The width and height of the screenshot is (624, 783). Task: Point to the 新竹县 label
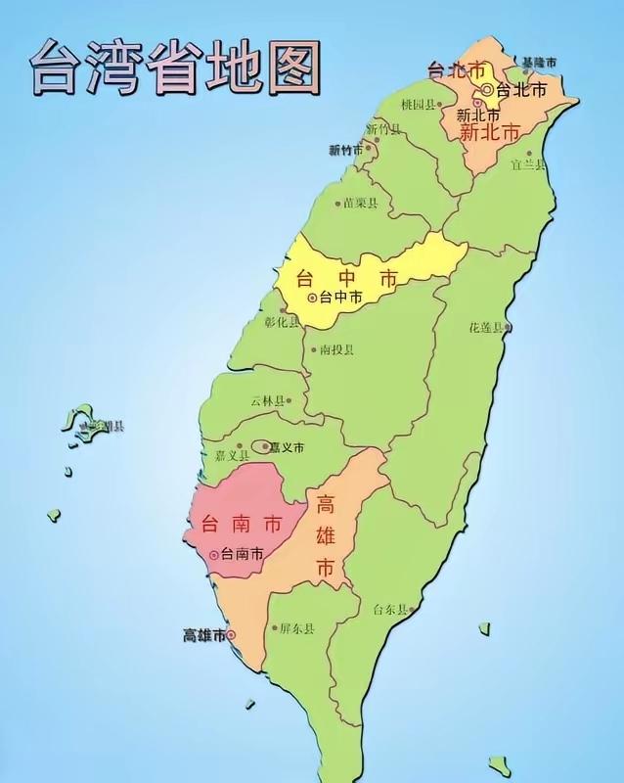click(384, 128)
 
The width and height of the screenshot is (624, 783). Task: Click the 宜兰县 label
click(527, 165)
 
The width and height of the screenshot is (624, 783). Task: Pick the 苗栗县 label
click(360, 204)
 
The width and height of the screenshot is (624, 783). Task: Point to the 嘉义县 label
click(233, 456)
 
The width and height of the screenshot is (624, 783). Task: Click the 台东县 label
click(389, 610)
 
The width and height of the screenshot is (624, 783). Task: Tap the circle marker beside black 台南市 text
click(214, 554)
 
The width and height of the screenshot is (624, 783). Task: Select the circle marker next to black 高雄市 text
click(232, 635)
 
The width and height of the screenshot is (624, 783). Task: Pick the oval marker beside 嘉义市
click(260, 447)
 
